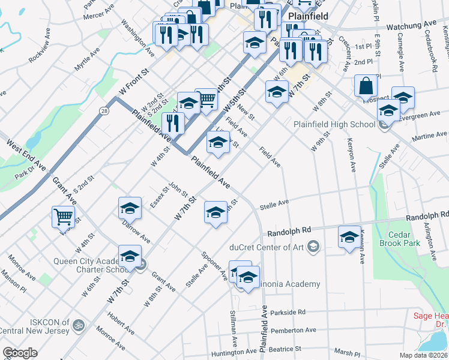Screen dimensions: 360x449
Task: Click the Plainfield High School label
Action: tap(334, 124)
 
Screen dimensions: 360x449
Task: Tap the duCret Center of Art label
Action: tap(267, 246)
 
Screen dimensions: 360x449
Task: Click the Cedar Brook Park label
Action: tap(400, 239)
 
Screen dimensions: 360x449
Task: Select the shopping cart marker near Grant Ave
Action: tap(63, 217)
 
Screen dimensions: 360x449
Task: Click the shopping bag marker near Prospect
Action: tap(366, 86)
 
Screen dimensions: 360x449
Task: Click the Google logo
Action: tap(20, 353)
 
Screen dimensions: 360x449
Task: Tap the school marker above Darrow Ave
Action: tap(130, 208)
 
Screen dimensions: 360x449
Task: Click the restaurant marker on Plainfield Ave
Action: tap(173, 124)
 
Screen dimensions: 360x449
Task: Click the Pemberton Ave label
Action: tap(293, 330)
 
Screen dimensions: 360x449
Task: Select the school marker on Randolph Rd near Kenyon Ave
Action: tap(349, 236)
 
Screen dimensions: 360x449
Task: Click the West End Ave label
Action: tap(26, 155)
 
